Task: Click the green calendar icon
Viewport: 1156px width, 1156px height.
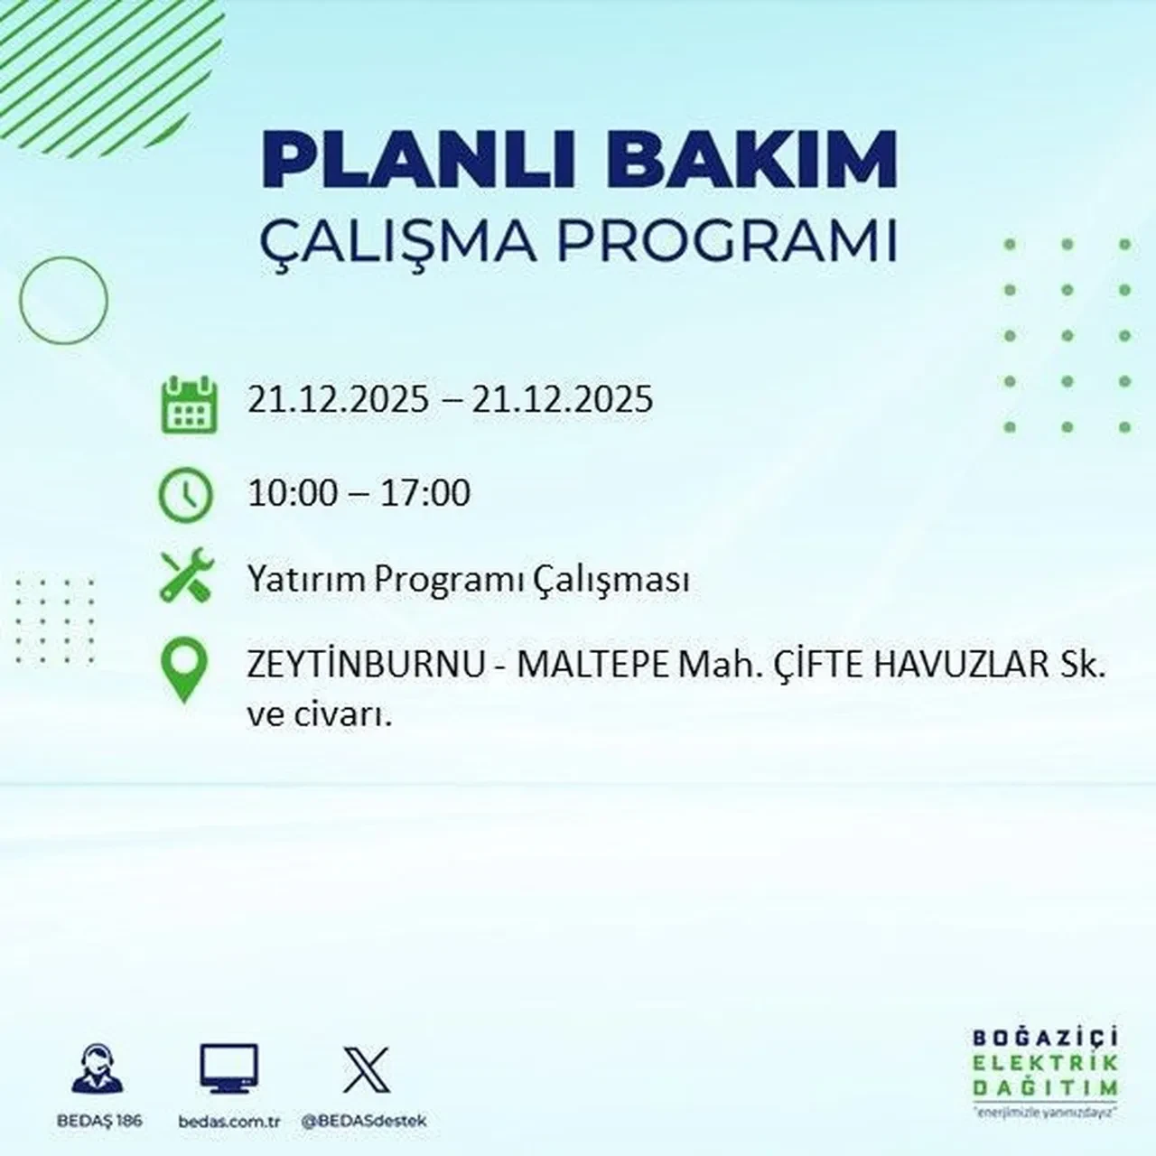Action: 189,404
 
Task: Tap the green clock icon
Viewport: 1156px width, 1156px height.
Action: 185,495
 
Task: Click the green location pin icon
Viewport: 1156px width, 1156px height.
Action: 183,670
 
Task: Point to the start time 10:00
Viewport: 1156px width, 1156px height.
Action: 293,493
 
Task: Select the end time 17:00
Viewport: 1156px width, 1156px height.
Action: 425,493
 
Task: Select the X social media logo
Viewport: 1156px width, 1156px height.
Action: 367,1070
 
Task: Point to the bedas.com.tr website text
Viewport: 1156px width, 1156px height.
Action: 229,1121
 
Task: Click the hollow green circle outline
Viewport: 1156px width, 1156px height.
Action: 63,300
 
